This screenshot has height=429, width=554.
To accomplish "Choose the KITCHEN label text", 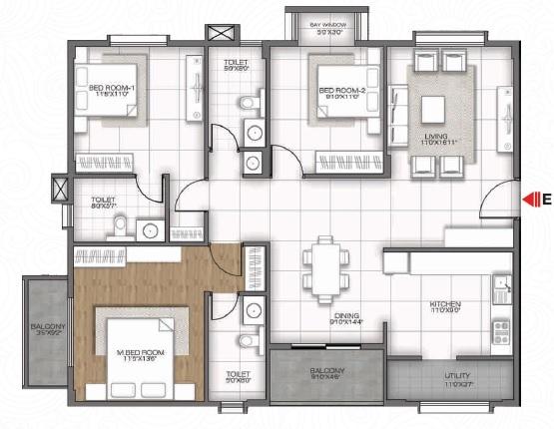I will [442, 304].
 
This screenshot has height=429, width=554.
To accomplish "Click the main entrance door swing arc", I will [491, 203].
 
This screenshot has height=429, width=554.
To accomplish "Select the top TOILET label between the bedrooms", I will [236, 64].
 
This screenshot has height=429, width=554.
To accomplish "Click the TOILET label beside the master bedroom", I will [236, 376].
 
